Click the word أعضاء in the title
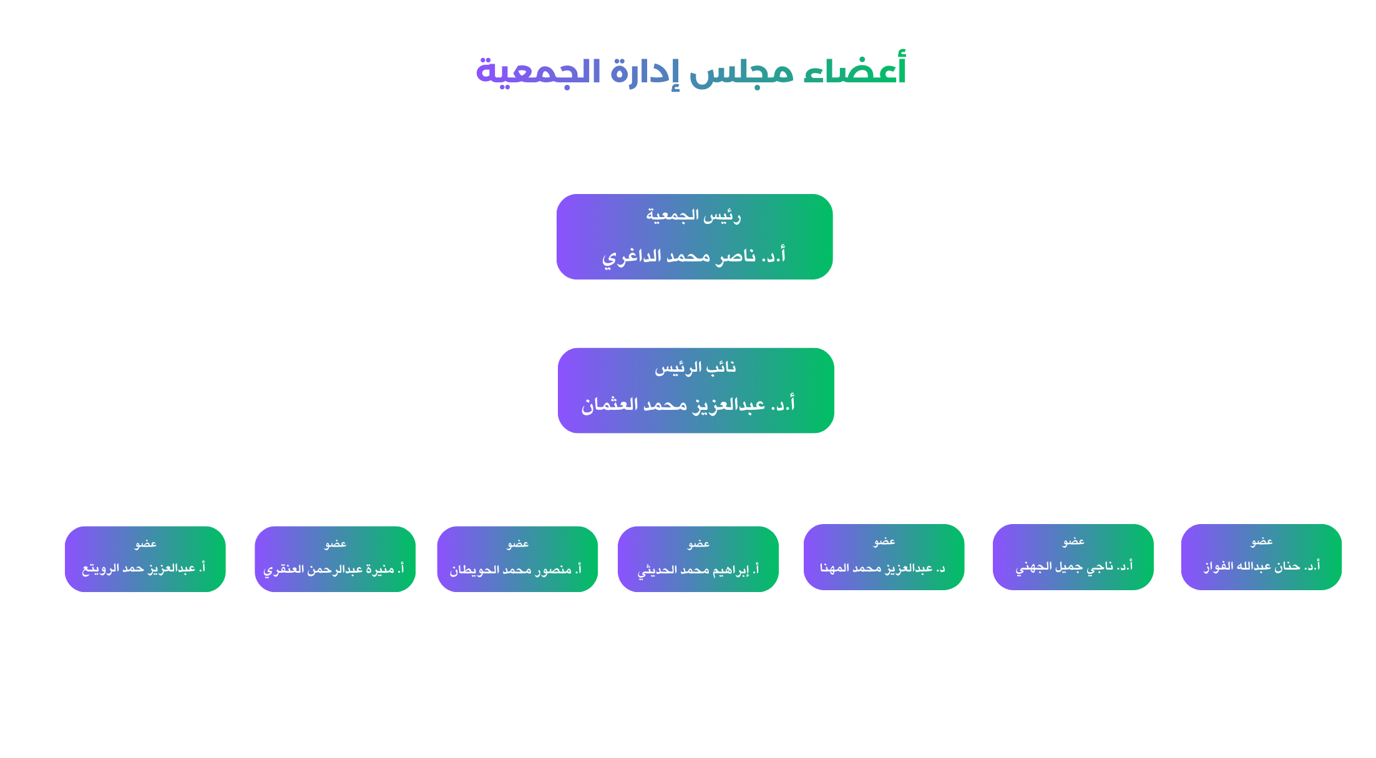point(854,70)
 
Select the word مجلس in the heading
point(741,72)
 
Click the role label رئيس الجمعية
point(693,216)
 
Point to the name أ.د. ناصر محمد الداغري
point(693,256)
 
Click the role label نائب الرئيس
point(695,368)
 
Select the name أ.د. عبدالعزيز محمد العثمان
point(688,405)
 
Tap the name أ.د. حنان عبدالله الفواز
point(1262,566)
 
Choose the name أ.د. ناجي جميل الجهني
point(1073,566)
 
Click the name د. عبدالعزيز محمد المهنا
point(882,568)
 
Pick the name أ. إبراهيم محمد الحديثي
point(698,570)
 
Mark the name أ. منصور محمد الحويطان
point(515,570)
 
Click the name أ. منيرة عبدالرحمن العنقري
point(334,569)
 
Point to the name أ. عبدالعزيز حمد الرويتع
point(144,568)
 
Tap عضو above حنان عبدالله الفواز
point(1262,542)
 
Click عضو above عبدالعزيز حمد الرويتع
point(145,544)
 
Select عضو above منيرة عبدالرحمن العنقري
point(335,544)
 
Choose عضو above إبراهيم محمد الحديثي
point(698,544)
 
